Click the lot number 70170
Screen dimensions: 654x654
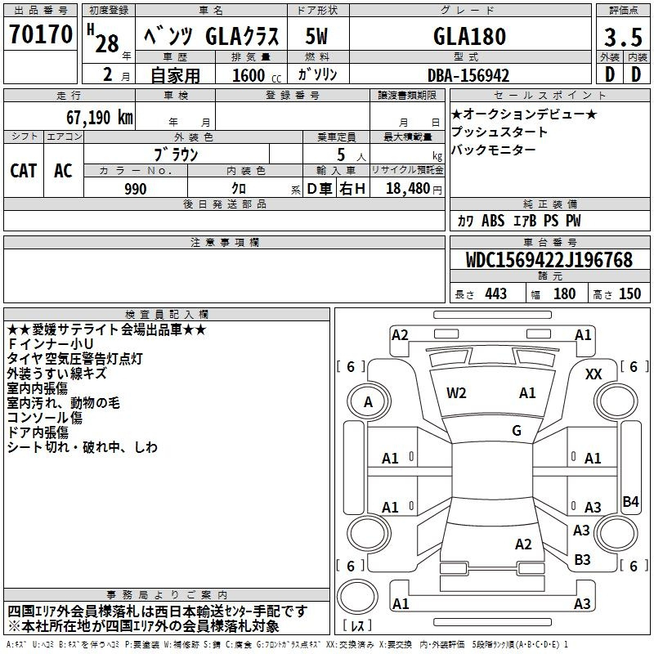[x=41, y=34]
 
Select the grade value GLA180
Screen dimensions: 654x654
[x=469, y=36]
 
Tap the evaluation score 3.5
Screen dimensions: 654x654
[x=623, y=37]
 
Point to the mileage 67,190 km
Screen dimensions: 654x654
[x=100, y=118]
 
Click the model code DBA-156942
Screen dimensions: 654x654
[x=468, y=75]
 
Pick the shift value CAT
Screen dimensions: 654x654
[x=24, y=171]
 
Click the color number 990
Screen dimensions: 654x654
[x=136, y=189]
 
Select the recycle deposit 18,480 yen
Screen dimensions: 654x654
[x=414, y=189]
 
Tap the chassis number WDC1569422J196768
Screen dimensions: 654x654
[x=549, y=260]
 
